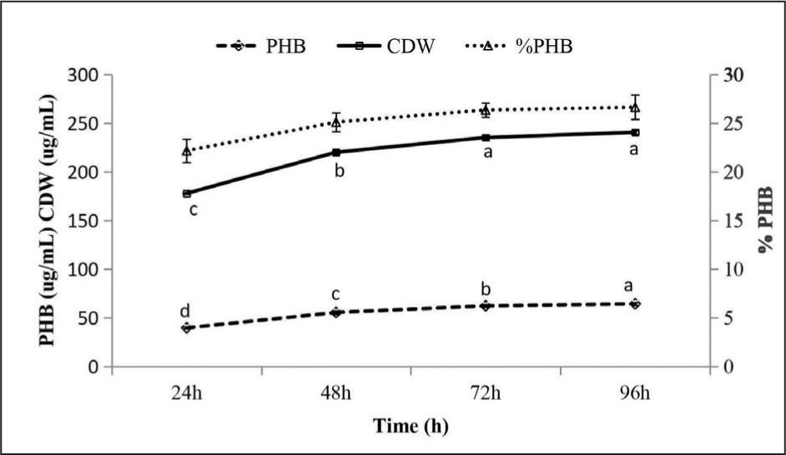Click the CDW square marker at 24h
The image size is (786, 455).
coord(187,193)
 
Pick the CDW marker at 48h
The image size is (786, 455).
coord(336,152)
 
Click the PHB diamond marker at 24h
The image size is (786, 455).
coord(187,328)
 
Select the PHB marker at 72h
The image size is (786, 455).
coord(486,306)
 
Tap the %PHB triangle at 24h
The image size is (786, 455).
coord(187,150)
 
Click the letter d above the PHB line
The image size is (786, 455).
coord(185,311)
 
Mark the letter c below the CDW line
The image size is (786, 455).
coord(192,210)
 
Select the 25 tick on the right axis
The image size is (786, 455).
coord(729,123)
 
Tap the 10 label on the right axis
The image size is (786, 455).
coord(729,269)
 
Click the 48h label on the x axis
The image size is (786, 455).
coord(336,393)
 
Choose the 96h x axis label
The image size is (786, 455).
coord(635,393)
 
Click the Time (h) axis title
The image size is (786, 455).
coord(410,427)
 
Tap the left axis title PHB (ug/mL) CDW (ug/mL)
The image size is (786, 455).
coord(53,221)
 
